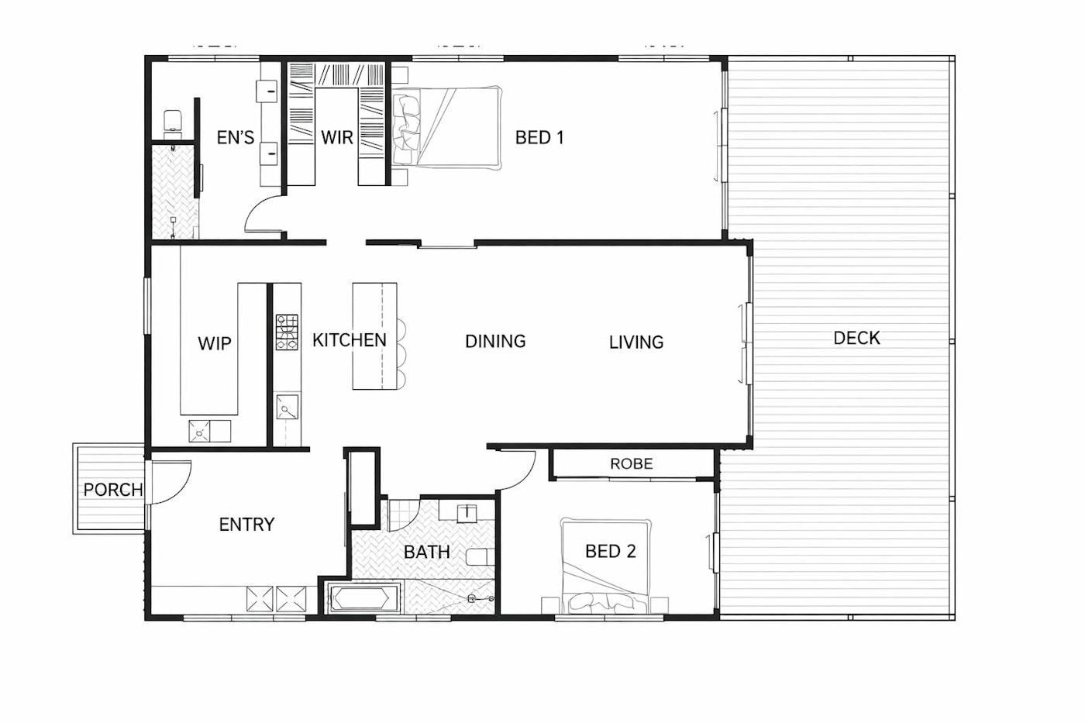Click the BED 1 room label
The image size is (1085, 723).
539,137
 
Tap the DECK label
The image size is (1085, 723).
856,338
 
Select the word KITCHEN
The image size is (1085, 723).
350,340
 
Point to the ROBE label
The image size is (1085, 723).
631,464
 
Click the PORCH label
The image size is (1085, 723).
113,490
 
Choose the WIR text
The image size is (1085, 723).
336,137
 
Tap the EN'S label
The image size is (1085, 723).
236,137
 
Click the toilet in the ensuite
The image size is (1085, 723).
172,121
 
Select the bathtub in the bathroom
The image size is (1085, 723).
363,599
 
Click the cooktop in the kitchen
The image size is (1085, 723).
287,332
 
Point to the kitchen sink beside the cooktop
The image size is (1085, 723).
287,407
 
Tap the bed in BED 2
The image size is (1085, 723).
605,566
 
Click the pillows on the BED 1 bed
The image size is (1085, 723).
405,129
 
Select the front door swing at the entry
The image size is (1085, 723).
172,482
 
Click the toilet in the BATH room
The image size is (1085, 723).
480,557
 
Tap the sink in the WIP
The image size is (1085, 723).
200,431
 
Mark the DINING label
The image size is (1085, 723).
495,342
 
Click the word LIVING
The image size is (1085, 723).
636,343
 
